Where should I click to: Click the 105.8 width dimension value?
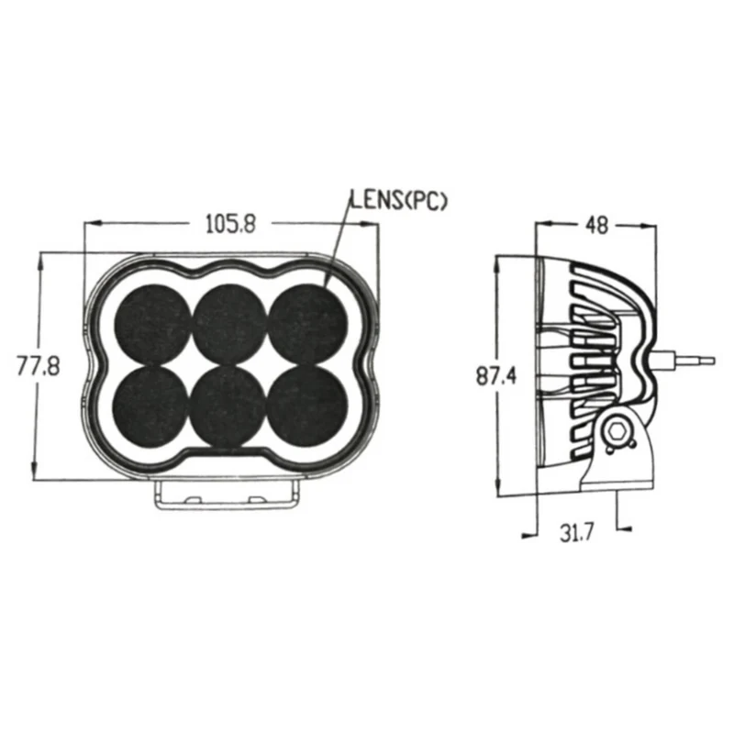(x=231, y=224)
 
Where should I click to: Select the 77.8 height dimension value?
(x=39, y=365)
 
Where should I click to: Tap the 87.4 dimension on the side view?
(x=496, y=375)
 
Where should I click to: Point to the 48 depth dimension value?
(x=597, y=226)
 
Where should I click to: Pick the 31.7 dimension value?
(x=577, y=532)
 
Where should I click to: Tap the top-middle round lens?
(x=230, y=324)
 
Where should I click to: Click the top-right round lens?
(x=306, y=324)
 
